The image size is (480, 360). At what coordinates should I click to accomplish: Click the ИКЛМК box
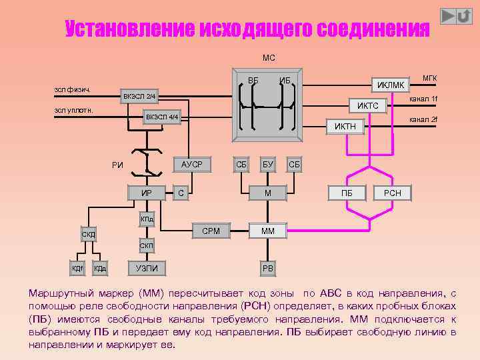[391, 85]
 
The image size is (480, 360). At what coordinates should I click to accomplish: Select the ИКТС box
[368, 106]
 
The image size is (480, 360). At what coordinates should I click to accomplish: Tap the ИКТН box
[345, 126]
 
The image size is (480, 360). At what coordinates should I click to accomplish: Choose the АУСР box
[192, 163]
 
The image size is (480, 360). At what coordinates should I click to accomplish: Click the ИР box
[146, 193]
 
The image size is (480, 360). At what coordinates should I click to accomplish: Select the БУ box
[268, 164]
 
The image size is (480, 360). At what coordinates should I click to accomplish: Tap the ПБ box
[347, 193]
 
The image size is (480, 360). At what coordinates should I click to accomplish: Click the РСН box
[392, 193]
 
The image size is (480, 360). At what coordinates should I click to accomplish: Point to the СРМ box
[211, 231]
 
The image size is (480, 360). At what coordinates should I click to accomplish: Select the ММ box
[268, 231]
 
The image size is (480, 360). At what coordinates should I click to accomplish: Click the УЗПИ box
[146, 268]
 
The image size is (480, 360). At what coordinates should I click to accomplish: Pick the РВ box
[268, 268]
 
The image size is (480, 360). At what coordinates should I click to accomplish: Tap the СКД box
[89, 235]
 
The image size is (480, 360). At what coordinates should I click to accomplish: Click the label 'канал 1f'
[423, 99]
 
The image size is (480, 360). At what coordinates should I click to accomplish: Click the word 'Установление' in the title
[129, 29]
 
